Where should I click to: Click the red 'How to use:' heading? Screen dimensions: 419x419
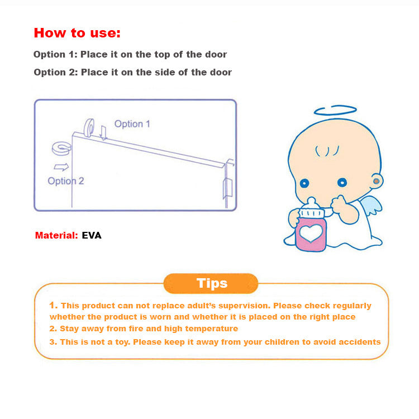tap(77, 32)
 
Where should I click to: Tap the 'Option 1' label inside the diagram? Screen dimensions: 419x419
tap(132, 123)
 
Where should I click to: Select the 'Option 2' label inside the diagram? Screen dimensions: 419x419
tap(66, 180)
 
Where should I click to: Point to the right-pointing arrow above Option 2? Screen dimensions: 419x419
tap(61, 166)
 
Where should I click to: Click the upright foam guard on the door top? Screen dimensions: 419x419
tap(89, 128)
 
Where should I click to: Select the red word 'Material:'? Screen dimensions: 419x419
tap(56, 235)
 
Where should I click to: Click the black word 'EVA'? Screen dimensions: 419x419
tap(92, 235)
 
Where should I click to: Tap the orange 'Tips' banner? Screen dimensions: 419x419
tap(211, 283)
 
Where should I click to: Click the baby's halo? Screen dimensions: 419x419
tap(335, 109)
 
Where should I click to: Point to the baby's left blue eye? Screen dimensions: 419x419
tap(304, 183)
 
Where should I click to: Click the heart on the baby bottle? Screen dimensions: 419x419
tap(311, 232)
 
